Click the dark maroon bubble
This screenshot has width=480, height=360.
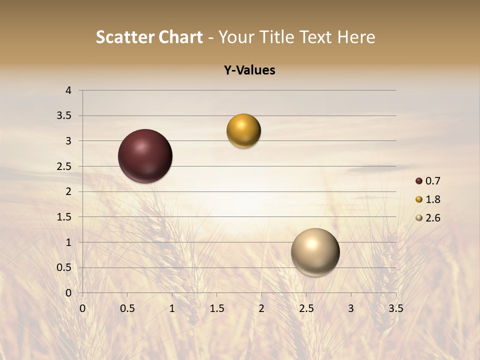tap(145, 156)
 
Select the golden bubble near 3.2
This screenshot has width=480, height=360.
tap(243, 131)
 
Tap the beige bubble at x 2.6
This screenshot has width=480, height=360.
tap(315, 252)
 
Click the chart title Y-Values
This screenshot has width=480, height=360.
tap(249, 70)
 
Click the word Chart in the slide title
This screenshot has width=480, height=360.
tap(181, 37)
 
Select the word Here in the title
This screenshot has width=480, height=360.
tap(356, 37)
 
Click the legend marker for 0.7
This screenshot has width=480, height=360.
tap(419, 181)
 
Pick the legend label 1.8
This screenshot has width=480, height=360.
tap(432, 199)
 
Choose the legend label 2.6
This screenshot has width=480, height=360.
tap(432, 218)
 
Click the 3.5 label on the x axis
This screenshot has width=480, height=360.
tap(395, 308)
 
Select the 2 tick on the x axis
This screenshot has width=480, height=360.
tap(261, 308)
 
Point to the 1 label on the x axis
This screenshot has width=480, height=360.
tap(172, 308)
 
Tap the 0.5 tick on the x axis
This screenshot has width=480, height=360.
tap(127, 308)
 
